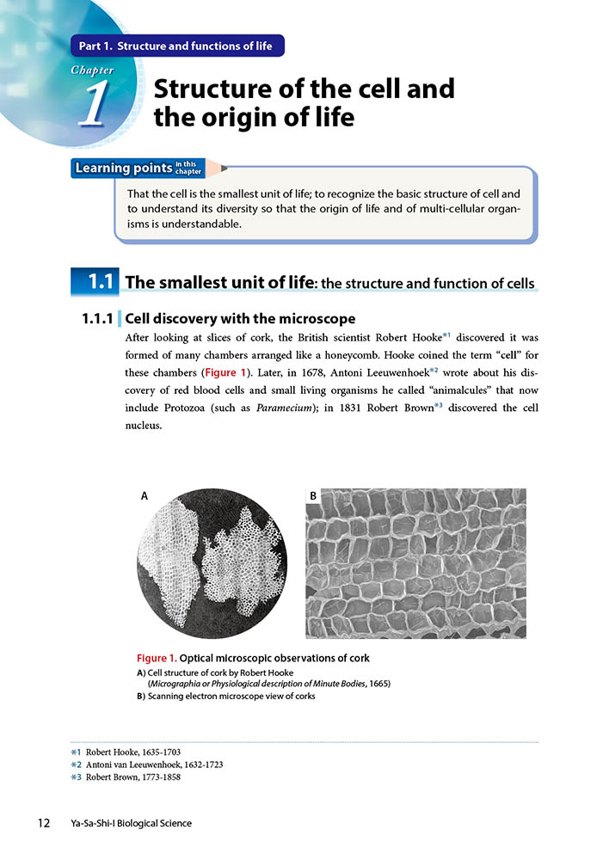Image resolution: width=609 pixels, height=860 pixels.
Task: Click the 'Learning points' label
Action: pos(124,169)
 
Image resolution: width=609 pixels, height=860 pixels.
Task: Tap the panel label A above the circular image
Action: pos(145,495)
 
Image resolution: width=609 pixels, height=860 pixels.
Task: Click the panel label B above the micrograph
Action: pos(313,495)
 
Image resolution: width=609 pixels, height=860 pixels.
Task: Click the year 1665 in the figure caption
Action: pos(376,683)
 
